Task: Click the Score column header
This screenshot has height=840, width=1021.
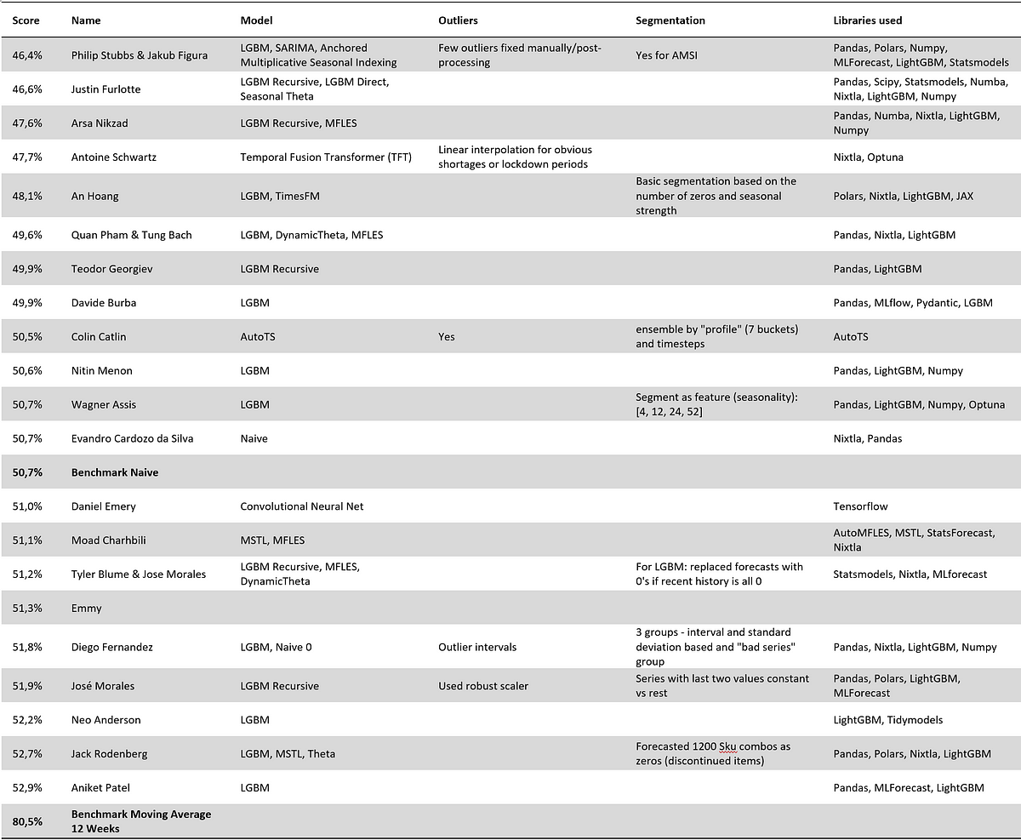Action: (26, 20)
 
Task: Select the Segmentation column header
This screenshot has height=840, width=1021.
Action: (670, 20)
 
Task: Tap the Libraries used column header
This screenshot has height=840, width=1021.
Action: (867, 20)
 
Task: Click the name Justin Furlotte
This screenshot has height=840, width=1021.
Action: (107, 89)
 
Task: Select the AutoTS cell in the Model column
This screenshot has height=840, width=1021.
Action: (258, 336)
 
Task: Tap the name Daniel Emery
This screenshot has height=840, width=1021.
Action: (103, 506)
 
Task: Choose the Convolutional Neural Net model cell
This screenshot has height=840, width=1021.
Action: (301, 506)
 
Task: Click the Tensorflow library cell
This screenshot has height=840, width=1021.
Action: (860, 506)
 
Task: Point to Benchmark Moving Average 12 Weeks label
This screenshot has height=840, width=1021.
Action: (140, 821)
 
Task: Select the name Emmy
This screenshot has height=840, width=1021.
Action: (86, 609)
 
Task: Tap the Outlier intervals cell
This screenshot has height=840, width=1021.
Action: (476, 647)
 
